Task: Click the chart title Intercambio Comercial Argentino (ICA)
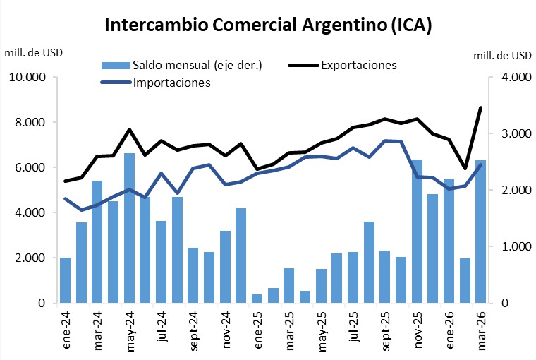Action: pos(268,25)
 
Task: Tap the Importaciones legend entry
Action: pos(172,83)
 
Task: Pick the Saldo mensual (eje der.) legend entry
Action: pos(197,66)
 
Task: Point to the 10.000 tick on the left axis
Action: pos(26,77)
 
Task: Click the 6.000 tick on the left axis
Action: pos(30,167)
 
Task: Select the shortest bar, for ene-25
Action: pos(257,299)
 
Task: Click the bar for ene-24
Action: pos(65,280)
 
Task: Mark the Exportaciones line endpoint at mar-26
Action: pos(481,108)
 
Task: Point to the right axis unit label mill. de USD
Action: pos(503,54)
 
